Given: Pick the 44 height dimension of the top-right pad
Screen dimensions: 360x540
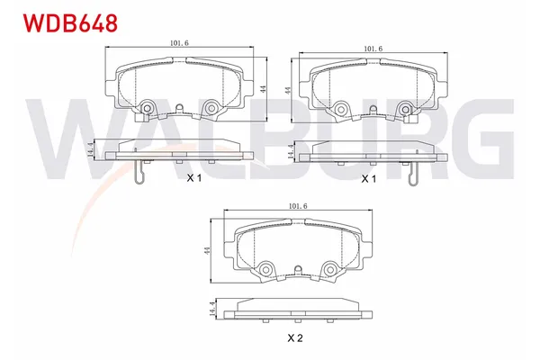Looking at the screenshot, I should tap(286, 90).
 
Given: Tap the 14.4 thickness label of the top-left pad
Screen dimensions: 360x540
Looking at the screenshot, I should tap(89, 150).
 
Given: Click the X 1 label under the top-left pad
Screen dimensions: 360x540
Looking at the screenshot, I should tap(193, 179).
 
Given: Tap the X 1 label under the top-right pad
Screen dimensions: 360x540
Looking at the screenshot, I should tap(367, 179).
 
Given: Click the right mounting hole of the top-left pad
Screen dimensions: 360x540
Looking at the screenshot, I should tap(211, 109).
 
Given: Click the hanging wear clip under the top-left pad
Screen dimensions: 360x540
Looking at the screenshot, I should tap(138, 175).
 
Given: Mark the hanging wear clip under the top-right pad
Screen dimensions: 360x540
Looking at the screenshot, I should tap(412, 175).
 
